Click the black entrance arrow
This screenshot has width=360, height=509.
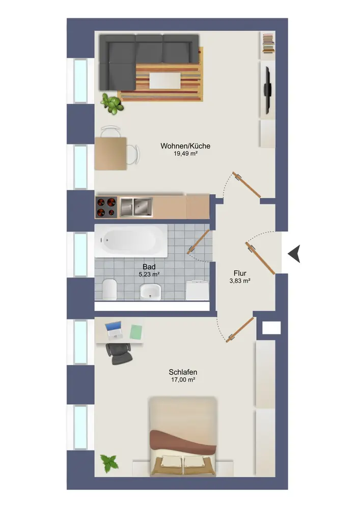coord(295,253)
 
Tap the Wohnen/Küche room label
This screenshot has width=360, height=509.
coord(185,146)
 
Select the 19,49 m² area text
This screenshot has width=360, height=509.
coord(185,154)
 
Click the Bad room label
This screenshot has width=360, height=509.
coord(149,267)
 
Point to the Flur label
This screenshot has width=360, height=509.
coord(240,273)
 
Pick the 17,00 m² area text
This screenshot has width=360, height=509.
coord(183,380)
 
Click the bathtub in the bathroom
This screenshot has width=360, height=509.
coord(131,241)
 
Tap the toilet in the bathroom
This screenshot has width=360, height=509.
coord(109,289)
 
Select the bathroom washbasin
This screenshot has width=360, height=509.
coord(150,292)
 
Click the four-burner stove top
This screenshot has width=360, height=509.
coord(106,207)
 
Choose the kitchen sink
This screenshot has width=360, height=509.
coord(136,207)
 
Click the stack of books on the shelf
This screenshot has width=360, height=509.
coord(268,43)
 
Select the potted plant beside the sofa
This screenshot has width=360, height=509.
coord(113,103)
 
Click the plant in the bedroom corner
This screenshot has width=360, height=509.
coord(109,463)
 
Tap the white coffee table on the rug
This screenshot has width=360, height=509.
coord(165,80)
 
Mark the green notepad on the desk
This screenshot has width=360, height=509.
coord(136,332)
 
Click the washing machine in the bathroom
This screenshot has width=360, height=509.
coord(198,290)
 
